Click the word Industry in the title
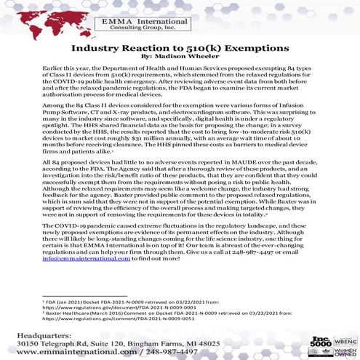tap(96, 48)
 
